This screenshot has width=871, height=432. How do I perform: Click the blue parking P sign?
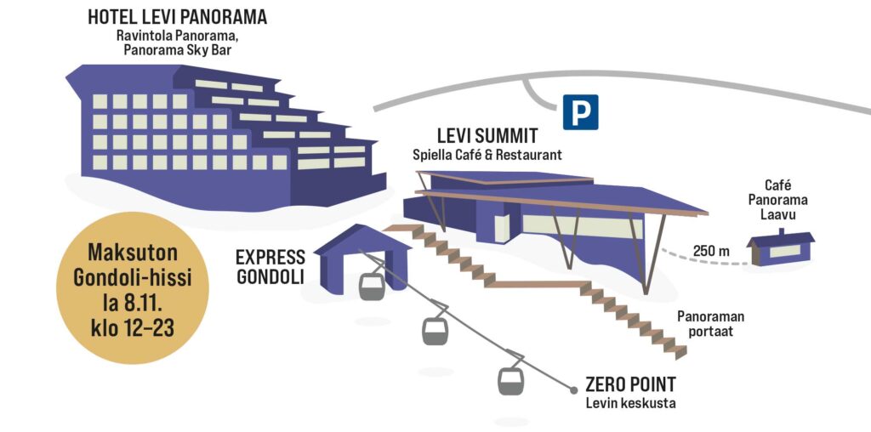click(x=580, y=112)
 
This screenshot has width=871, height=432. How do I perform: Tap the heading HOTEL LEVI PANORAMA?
click(x=177, y=17)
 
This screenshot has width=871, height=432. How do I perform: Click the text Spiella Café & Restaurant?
click(x=487, y=155)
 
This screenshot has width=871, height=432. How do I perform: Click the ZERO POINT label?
click(x=630, y=384)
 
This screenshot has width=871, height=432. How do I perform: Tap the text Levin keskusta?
click(x=629, y=403)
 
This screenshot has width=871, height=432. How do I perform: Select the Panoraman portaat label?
click(x=704, y=323)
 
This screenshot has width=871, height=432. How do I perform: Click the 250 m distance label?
click(x=711, y=251)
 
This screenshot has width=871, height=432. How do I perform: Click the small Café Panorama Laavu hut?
click(x=781, y=249)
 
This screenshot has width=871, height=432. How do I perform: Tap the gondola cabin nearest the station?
click(x=372, y=286)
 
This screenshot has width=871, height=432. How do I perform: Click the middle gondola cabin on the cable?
click(x=435, y=329)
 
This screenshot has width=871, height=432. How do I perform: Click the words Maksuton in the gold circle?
click(x=132, y=253)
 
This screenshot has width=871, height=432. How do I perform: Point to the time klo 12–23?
click(x=132, y=327)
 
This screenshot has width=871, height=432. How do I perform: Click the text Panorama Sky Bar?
click(x=177, y=51)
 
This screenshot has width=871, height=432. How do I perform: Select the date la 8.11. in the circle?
click(x=132, y=303)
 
